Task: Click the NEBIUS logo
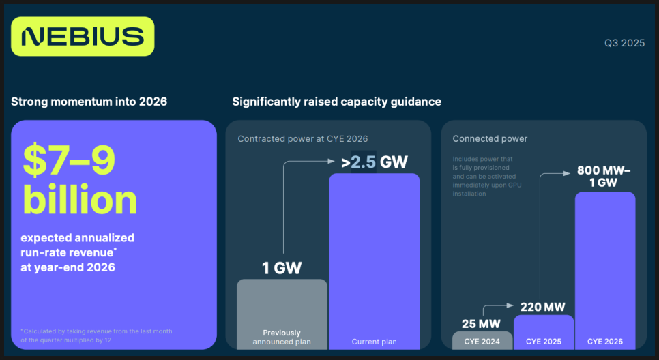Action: (83, 37)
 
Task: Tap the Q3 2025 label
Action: (624, 43)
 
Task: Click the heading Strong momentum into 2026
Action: (89, 102)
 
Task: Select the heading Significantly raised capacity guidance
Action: (336, 102)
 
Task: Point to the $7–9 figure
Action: (69, 160)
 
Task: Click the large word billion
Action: (80, 199)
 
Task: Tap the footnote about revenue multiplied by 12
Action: (96, 335)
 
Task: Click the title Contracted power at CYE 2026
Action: (303, 138)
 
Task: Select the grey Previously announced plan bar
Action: (282, 314)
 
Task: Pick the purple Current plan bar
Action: (375, 261)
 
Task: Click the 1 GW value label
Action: (282, 268)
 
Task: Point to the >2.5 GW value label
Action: (375, 162)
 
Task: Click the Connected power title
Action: (490, 138)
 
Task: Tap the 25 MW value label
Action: (481, 324)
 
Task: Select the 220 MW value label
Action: (542, 307)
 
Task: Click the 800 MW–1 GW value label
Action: (604, 177)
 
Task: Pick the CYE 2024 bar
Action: (482, 341)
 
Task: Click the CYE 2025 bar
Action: (544, 332)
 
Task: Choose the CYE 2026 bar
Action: (605, 271)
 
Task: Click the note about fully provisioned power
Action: (486, 177)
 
